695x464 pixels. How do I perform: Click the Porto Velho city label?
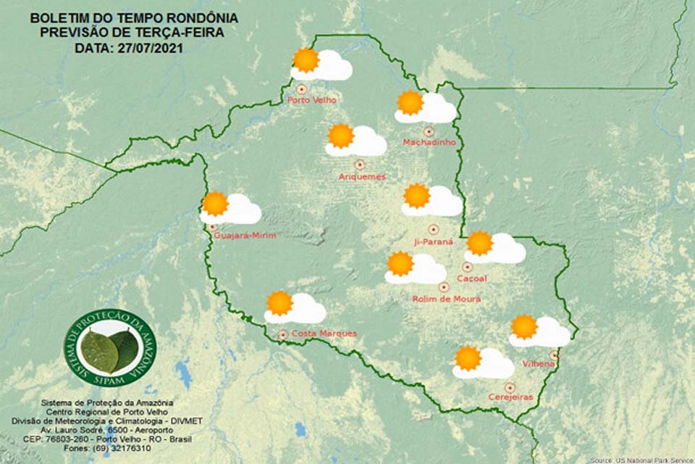point(312,100)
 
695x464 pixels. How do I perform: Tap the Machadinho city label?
point(429,142)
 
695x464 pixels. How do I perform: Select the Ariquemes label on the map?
point(362,176)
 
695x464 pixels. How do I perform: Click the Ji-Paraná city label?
point(434,241)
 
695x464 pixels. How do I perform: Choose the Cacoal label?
point(471,278)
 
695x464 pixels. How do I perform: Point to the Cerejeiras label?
point(510,398)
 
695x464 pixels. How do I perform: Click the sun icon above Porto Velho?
point(306,60)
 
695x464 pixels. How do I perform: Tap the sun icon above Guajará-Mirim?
point(215,204)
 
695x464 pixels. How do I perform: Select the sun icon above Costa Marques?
point(279,302)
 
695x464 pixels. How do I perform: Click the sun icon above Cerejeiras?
point(468,357)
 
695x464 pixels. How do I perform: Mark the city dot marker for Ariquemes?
point(359,165)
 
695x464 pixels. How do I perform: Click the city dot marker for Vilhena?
point(554,355)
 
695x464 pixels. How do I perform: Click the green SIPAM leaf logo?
point(110,348)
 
